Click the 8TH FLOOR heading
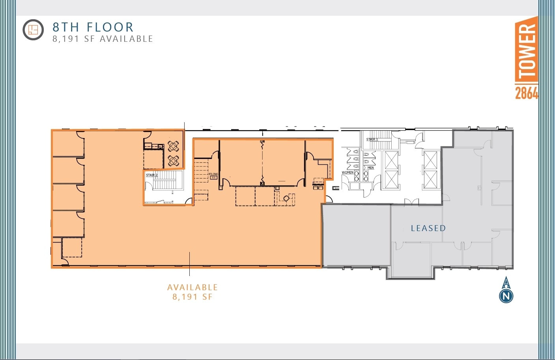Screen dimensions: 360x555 point(93,27)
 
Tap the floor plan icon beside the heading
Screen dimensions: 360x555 point(33,30)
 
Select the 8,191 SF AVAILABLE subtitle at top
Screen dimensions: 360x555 point(103,39)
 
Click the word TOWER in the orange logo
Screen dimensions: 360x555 point(526,50)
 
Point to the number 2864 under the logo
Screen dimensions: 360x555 point(526,93)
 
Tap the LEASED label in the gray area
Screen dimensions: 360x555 point(428,228)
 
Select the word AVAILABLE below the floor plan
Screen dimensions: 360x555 point(192,287)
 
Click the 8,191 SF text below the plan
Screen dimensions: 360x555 point(192,297)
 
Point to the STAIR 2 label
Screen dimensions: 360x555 point(151,175)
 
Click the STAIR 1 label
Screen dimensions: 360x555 point(372,140)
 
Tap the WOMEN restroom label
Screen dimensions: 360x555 point(347,172)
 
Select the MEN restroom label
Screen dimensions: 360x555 point(370,168)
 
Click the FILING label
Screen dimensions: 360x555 point(213,174)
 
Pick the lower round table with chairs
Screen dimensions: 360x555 point(174,160)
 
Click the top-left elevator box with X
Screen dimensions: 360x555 point(392,160)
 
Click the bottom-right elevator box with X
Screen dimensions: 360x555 point(430,179)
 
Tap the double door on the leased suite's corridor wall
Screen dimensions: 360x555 point(411,202)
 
